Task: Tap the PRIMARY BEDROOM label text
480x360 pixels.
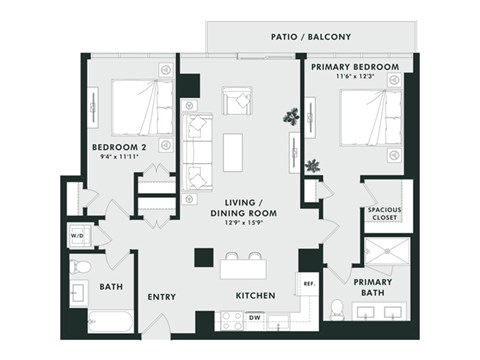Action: (x=355, y=67)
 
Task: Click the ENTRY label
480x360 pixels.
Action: (x=162, y=297)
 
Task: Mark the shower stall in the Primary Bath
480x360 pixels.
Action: (x=383, y=257)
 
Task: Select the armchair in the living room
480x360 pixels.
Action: (x=239, y=101)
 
